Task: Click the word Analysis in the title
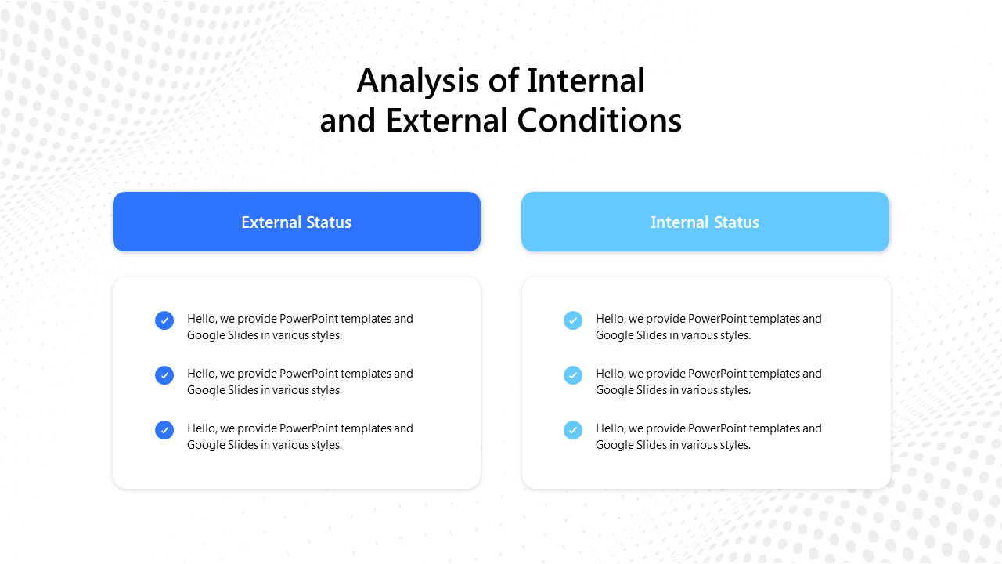417,81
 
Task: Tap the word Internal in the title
586,81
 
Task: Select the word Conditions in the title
600,121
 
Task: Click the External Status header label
296,222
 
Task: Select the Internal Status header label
705,222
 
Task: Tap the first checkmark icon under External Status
164,320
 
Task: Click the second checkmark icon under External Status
164,375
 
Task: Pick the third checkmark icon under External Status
164,430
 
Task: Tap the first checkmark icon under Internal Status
573,320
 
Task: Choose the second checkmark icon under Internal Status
573,375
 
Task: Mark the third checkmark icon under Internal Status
573,430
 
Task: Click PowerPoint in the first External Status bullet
308,319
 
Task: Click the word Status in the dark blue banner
329,222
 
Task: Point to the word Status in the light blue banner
737,222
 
